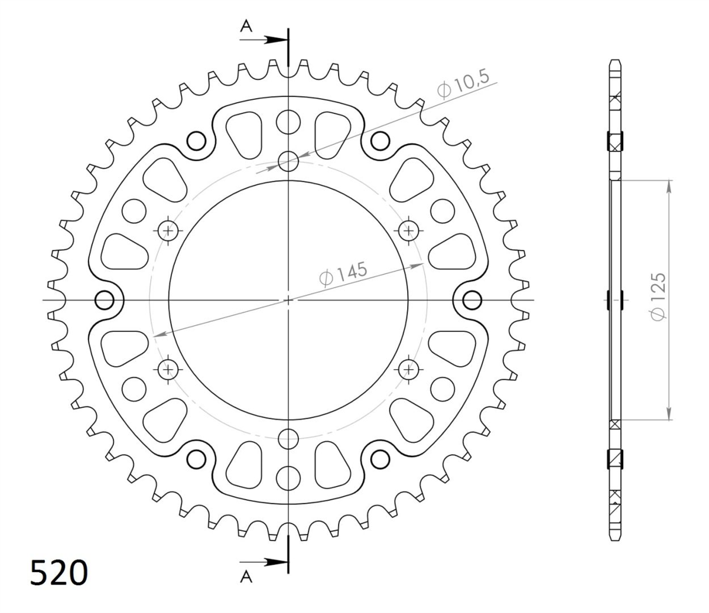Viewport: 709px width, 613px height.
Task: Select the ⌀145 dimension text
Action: coord(343,274)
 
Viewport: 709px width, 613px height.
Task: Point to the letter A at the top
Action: coord(246,26)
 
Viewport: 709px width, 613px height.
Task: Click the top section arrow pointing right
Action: coord(264,40)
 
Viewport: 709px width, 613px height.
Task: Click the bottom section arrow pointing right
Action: coord(264,562)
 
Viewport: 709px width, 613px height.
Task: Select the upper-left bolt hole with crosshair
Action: coord(168,230)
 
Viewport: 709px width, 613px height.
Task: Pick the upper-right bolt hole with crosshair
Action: coord(408,230)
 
